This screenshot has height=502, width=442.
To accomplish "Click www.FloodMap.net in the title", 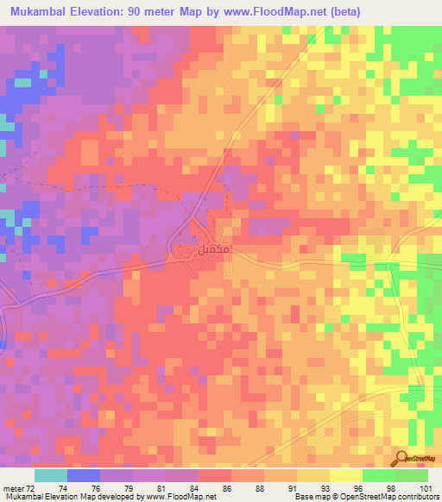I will tap(265, 11).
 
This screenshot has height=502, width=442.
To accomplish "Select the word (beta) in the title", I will tap(338, 11).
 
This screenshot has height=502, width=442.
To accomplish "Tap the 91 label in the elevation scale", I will tap(297, 488).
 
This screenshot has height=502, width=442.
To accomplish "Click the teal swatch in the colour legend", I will tap(50, 475).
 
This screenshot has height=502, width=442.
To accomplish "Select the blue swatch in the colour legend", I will tap(83, 475).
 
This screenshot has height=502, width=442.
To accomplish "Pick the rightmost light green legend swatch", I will tap(412, 475).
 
